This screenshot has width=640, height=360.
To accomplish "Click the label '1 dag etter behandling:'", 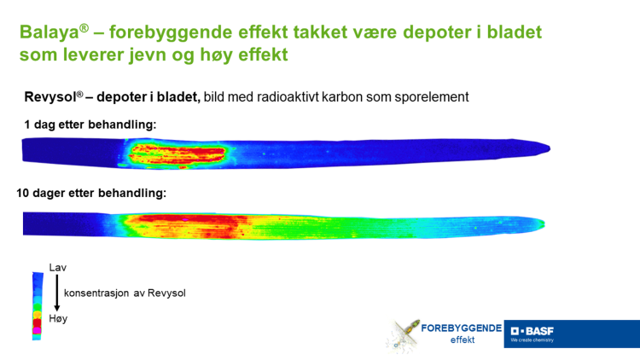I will point(90,125).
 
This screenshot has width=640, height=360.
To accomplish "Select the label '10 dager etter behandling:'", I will point(91,194).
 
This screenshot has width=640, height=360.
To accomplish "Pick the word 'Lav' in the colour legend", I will point(58,268).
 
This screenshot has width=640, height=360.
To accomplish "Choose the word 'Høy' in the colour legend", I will point(58,318).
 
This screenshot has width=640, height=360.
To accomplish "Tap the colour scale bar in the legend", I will point(37,305).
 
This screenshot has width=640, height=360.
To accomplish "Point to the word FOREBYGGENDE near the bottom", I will point(466,327).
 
